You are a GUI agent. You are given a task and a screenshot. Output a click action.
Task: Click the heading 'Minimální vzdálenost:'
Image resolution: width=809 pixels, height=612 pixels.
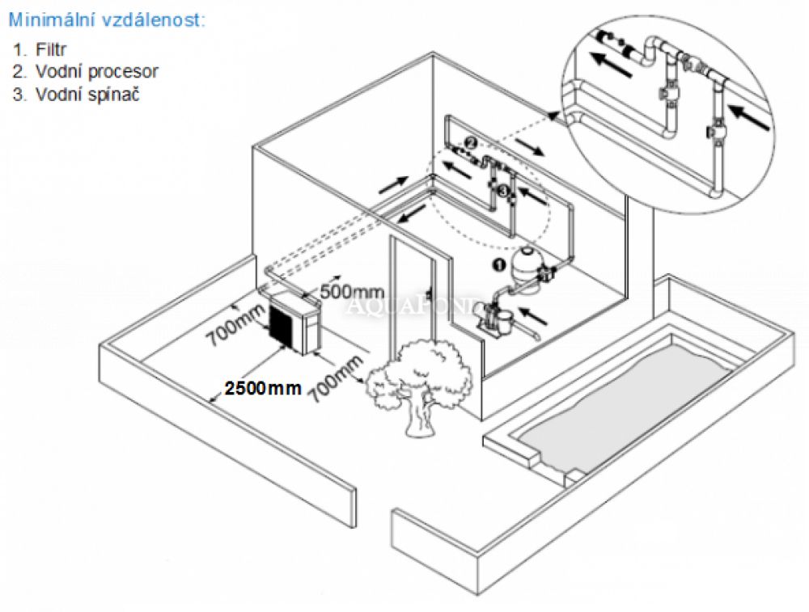tap(107, 19)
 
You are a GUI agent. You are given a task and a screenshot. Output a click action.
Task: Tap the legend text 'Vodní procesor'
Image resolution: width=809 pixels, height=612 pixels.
tap(96, 71)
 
